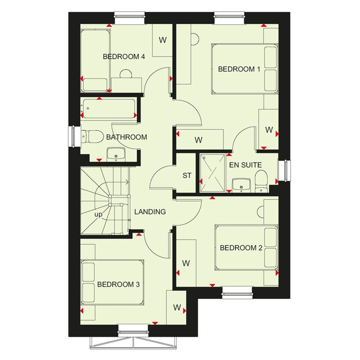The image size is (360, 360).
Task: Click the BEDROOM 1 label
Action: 239,69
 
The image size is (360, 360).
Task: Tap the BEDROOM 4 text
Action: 124,57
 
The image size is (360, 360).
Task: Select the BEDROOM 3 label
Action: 118,284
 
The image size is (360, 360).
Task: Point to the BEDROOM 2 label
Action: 241,248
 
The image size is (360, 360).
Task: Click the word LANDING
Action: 150,212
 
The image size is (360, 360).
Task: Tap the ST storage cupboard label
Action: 187,176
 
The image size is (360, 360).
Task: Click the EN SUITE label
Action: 245,165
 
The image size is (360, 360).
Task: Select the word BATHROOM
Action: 127,137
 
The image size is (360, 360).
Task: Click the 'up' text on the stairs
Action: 98,215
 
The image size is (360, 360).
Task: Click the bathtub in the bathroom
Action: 108,109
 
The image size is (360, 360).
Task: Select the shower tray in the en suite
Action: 212,173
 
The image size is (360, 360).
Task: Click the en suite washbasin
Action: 241,185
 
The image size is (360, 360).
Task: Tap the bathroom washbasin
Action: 116,153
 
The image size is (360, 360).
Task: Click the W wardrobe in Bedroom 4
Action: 162,40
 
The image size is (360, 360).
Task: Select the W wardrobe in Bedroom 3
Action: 176,307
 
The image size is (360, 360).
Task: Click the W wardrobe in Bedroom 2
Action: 186,263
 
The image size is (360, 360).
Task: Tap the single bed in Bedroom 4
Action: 95,60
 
